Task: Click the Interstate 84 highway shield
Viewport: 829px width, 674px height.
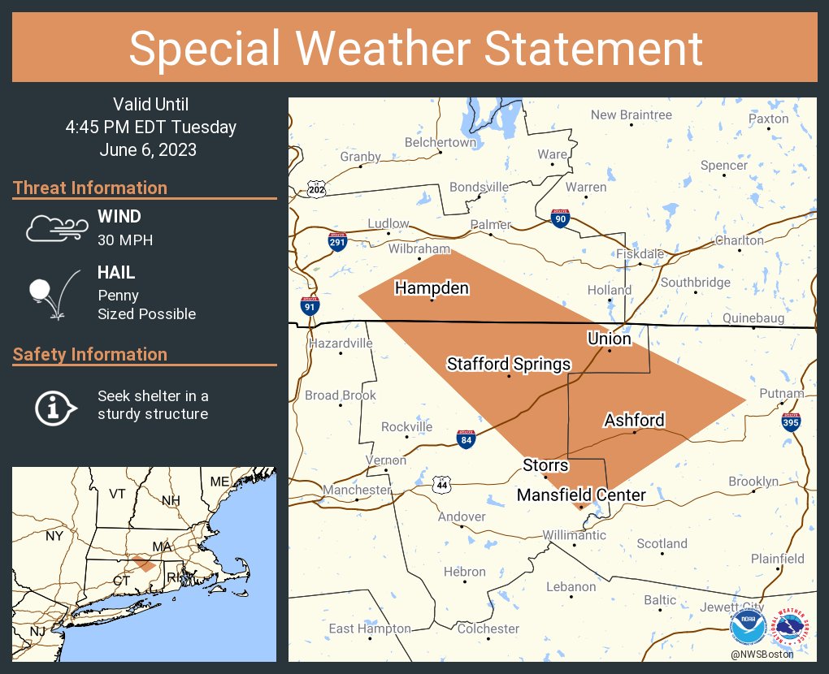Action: click(x=466, y=439)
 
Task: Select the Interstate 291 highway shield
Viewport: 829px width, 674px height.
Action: click(x=337, y=240)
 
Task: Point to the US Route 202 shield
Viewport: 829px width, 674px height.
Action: click(x=317, y=189)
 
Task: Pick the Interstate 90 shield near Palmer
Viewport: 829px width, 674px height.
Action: click(x=560, y=218)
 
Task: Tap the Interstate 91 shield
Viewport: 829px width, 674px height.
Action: click(x=310, y=306)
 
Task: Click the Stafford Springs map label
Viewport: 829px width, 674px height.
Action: click(x=509, y=364)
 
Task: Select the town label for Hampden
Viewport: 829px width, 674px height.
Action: click(x=432, y=287)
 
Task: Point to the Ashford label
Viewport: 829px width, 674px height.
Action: click(x=634, y=420)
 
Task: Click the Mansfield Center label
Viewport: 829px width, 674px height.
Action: click(x=581, y=495)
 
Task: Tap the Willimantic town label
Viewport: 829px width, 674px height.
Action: click(x=575, y=535)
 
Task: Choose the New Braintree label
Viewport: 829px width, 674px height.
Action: click(x=632, y=114)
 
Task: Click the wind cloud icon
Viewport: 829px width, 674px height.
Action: click(x=54, y=228)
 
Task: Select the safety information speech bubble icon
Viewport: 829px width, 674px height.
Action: click(x=54, y=406)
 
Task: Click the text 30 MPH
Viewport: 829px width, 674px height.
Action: click(x=125, y=240)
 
